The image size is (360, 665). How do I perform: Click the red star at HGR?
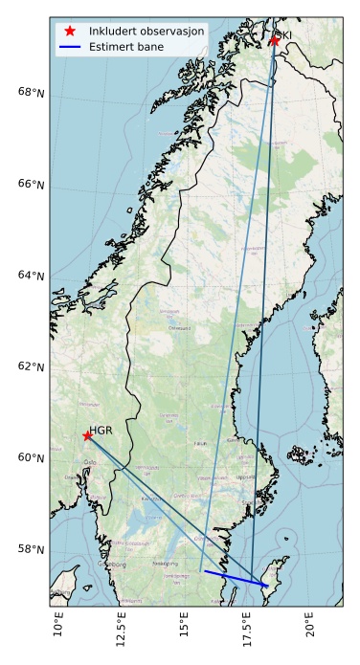pyautogui.click(x=87, y=435)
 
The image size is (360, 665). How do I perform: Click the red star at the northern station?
pyautogui.click(x=275, y=40)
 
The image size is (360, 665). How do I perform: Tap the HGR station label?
pyautogui.click(x=101, y=432)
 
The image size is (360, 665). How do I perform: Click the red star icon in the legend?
pyautogui.click(x=70, y=31)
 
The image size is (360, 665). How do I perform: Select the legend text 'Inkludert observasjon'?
pyautogui.click(x=146, y=31)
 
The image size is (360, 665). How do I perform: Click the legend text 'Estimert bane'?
pyautogui.click(x=125, y=46)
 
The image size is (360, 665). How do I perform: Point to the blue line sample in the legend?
pyautogui.click(x=70, y=46)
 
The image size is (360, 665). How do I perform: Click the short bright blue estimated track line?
pyautogui.click(x=236, y=578)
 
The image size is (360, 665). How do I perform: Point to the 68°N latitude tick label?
pyautogui.click(x=32, y=93)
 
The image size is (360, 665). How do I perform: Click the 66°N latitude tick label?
pyautogui.click(x=32, y=184)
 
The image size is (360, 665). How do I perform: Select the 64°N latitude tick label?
pyautogui.click(x=32, y=276)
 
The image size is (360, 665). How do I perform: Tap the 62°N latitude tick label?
pyautogui.click(x=32, y=366)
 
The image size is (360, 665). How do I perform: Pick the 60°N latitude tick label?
pyautogui.click(x=32, y=457)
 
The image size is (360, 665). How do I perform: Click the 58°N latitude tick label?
pyautogui.click(x=32, y=549)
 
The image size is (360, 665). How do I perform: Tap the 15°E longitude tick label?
pyautogui.click(x=185, y=628)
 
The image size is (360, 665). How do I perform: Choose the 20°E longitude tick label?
pyautogui.click(x=310, y=628)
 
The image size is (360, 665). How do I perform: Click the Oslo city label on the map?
pyautogui.click(x=91, y=462)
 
